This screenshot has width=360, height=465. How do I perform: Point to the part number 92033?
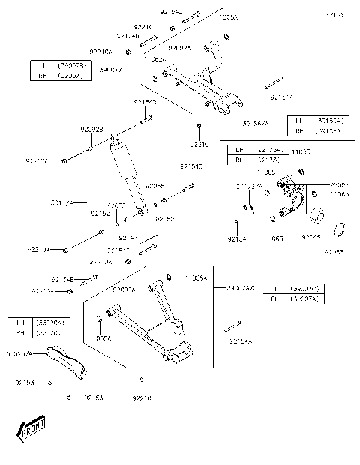point(335,252)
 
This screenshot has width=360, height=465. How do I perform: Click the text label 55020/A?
point(19,352)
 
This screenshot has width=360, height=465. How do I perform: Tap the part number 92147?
point(127,237)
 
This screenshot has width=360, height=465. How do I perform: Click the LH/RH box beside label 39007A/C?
point(295,292)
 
